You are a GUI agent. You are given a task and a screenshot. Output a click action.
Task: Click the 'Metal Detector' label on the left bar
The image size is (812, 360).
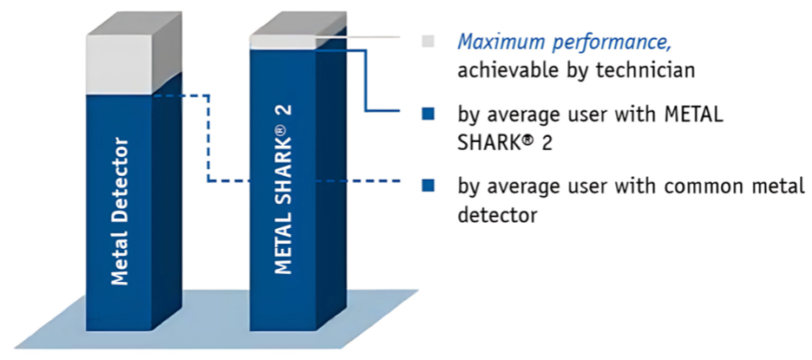coord(120,211)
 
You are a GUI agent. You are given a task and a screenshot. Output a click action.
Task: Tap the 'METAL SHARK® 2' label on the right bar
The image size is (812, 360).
coord(283,190)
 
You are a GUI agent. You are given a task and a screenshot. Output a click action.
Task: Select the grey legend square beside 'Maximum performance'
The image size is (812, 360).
coord(428,42)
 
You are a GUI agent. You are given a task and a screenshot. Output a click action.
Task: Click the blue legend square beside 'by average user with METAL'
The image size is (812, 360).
coord(428,114)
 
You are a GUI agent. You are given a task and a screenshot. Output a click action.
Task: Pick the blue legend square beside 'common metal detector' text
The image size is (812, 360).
coord(428,186)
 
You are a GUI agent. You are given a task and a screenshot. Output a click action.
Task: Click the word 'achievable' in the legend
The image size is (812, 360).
coord(506,70)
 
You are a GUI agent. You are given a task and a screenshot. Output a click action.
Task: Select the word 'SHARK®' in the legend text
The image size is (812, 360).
coord(494,142)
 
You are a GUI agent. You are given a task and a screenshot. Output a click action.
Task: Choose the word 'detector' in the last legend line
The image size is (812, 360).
coord(497,214)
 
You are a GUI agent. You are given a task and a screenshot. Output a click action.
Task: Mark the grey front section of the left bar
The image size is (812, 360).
coord(120,64)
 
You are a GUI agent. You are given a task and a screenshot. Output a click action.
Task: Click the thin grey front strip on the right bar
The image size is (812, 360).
coord(283,43)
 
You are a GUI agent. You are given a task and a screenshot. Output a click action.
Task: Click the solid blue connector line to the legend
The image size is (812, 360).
coord(367,81)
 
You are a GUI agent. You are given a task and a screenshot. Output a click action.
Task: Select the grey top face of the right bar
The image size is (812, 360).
coord(298,23)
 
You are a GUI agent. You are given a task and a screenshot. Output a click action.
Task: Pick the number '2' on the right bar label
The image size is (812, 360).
coord(284,110)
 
